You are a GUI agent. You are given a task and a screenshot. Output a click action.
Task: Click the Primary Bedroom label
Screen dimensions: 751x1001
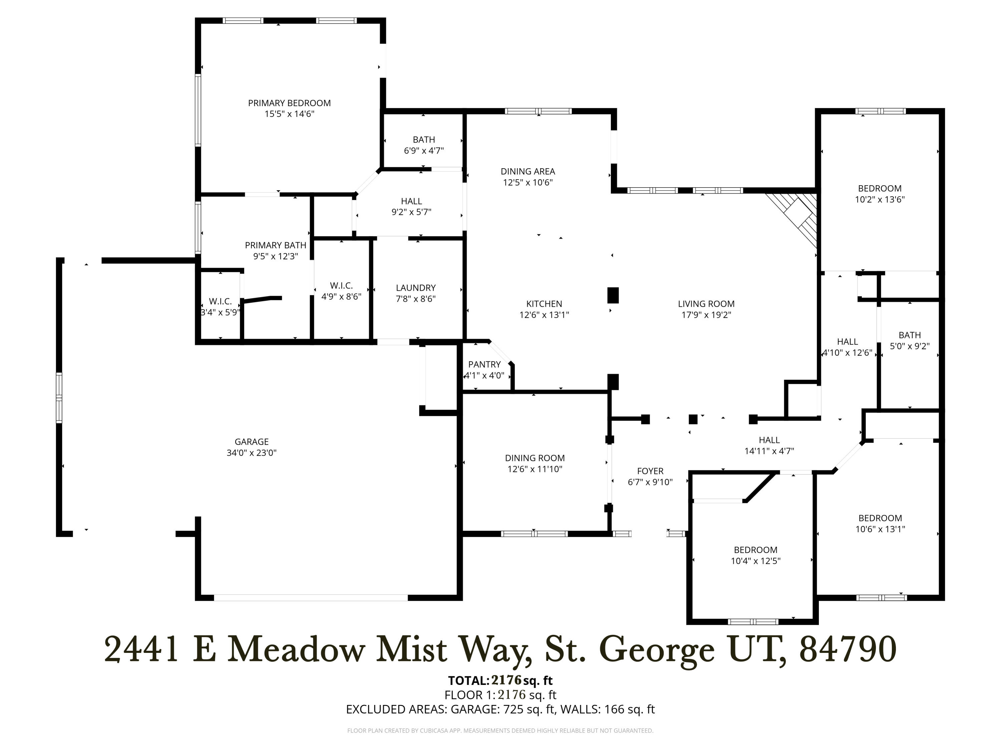tap(289, 103)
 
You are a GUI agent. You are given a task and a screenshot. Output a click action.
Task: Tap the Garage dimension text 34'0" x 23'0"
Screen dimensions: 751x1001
tap(252, 453)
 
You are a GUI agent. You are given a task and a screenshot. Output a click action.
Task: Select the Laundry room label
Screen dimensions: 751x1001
tap(415, 288)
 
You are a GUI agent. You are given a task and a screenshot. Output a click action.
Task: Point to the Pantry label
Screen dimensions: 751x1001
tap(484, 364)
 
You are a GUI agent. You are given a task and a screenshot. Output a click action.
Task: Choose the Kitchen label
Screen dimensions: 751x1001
tap(544, 304)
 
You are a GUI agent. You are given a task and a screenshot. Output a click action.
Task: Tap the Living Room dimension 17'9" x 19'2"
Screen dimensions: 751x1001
tap(706, 315)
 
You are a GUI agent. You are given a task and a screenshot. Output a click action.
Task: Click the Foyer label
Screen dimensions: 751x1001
tap(650, 471)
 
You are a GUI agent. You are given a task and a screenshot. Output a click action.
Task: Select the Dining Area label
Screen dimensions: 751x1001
tap(528, 172)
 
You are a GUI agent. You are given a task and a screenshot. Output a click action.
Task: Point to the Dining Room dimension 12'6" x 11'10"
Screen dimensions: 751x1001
tap(535, 469)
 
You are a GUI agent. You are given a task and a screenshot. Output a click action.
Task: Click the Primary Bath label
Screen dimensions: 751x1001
tap(276, 245)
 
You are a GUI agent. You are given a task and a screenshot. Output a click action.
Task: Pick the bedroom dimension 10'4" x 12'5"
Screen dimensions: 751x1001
tap(755, 561)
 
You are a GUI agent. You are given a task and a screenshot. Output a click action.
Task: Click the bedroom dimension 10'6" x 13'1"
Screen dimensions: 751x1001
tap(880, 529)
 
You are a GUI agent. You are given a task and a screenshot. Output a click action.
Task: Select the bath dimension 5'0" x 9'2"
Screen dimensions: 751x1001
tap(909, 346)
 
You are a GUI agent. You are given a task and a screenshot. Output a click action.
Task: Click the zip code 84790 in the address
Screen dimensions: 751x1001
tap(848, 650)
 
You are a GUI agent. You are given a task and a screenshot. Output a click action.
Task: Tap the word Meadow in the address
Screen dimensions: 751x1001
tap(296, 650)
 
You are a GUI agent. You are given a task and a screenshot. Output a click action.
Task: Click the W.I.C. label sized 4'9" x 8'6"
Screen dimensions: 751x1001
tap(341, 286)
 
